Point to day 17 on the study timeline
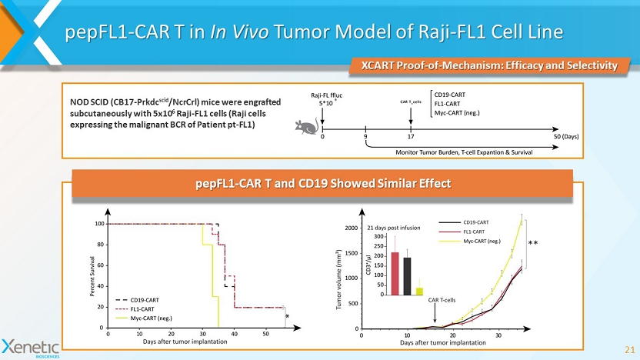point(411,136)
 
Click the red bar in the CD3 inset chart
point(395,273)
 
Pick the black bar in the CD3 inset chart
point(407,275)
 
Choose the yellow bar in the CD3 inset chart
point(419,291)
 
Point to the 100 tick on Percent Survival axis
point(99,224)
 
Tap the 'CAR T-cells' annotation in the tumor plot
point(442,300)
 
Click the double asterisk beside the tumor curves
point(532,243)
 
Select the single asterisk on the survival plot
point(287,315)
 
